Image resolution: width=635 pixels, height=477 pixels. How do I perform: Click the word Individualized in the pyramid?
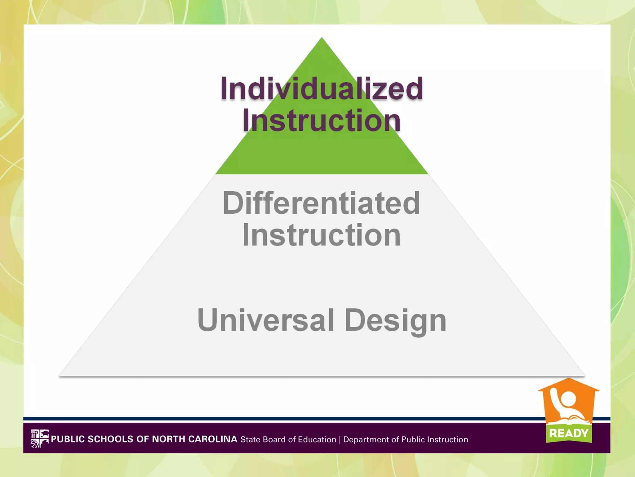point(322,89)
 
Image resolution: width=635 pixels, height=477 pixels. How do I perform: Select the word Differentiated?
point(322,203)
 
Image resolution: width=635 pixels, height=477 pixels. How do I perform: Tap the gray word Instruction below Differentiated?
point(322,235)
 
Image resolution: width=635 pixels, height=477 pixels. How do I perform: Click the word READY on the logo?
point(569,433)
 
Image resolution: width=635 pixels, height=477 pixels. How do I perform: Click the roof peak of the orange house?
point(569,379)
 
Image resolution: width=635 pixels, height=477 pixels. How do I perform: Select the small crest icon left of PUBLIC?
point(40,438)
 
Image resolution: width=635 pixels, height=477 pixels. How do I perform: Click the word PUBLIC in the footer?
point(68,439)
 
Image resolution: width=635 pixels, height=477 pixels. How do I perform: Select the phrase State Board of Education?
point(288,439)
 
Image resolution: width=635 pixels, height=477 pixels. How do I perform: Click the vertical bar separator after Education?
point(340,440)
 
